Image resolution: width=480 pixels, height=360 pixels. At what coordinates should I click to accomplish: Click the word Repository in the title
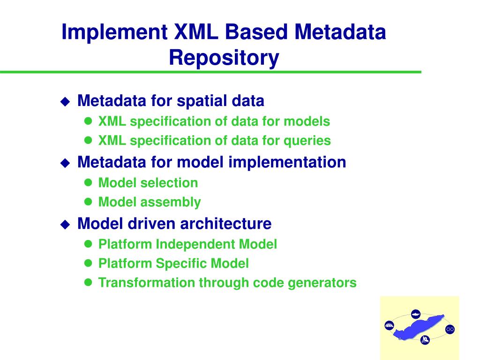pos(224,58)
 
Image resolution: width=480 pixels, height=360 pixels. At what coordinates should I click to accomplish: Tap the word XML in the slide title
pos(195,32)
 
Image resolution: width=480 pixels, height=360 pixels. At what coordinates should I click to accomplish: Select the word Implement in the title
pos(115,32)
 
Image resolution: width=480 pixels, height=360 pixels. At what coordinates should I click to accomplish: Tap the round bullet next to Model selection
pos(88,183)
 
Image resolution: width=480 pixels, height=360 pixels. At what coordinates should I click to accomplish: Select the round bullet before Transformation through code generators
pos(88,283)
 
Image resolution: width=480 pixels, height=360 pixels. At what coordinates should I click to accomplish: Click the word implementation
pos(287,162)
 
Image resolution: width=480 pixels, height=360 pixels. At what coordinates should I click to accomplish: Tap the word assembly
pos(179,202)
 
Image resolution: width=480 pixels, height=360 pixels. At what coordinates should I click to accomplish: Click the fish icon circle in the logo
pos(415,314)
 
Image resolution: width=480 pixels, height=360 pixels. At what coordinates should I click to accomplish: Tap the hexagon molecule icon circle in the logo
pos(450,330)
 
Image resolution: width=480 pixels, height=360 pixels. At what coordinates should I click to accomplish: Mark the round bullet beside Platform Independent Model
pos(88,244)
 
